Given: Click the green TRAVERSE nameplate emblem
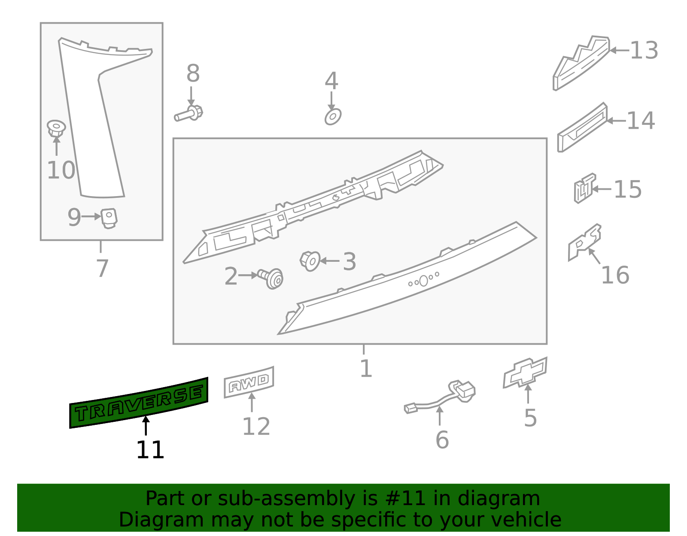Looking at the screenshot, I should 139,403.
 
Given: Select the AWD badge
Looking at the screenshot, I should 249,382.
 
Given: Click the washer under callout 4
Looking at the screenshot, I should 333,116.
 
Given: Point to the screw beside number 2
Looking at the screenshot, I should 271,278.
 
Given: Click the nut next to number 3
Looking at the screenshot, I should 310,260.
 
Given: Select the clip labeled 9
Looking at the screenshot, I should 109,218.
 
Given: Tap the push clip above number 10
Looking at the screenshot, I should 56,128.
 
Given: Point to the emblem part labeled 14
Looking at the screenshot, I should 582,128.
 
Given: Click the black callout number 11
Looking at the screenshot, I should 150,450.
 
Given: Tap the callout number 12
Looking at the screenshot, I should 256,427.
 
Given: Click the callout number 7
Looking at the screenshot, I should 102,269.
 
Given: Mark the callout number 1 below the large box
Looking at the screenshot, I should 366,369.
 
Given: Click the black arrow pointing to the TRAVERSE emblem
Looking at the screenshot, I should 146,426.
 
